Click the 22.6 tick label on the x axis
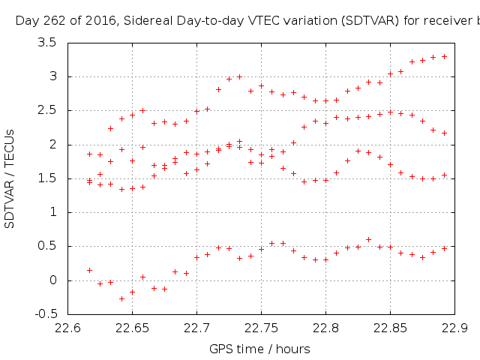click(x=68, y=328)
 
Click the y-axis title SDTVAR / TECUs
click(x=10, y=178)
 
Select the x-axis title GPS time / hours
click(x=259, y=349)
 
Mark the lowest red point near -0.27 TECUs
click(x=121, y=298)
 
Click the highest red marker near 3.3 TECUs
click(x=444, y=56)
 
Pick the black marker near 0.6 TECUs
click(x=368, y=239)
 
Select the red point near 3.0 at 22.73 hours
click(x=239, y=76)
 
